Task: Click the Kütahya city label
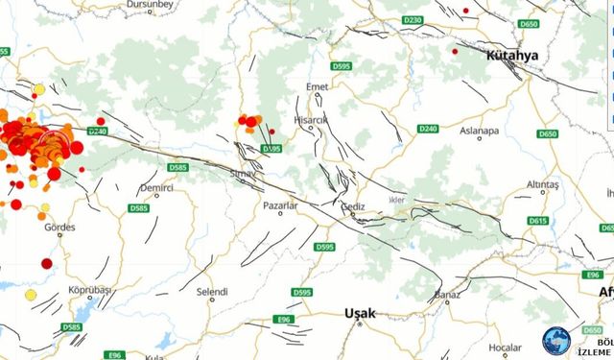(512, 57)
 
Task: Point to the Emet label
(316, 88)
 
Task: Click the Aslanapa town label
(480, 132)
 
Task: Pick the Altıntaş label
(543, 183)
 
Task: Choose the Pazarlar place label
(281, 205)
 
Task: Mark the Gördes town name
(59, 228)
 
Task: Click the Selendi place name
(212, 292)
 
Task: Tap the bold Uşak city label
(361, 314)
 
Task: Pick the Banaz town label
(448, 296)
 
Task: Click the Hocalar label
(504, 347)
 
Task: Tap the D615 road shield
(537, 222)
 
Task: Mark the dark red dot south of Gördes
(46, 263)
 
